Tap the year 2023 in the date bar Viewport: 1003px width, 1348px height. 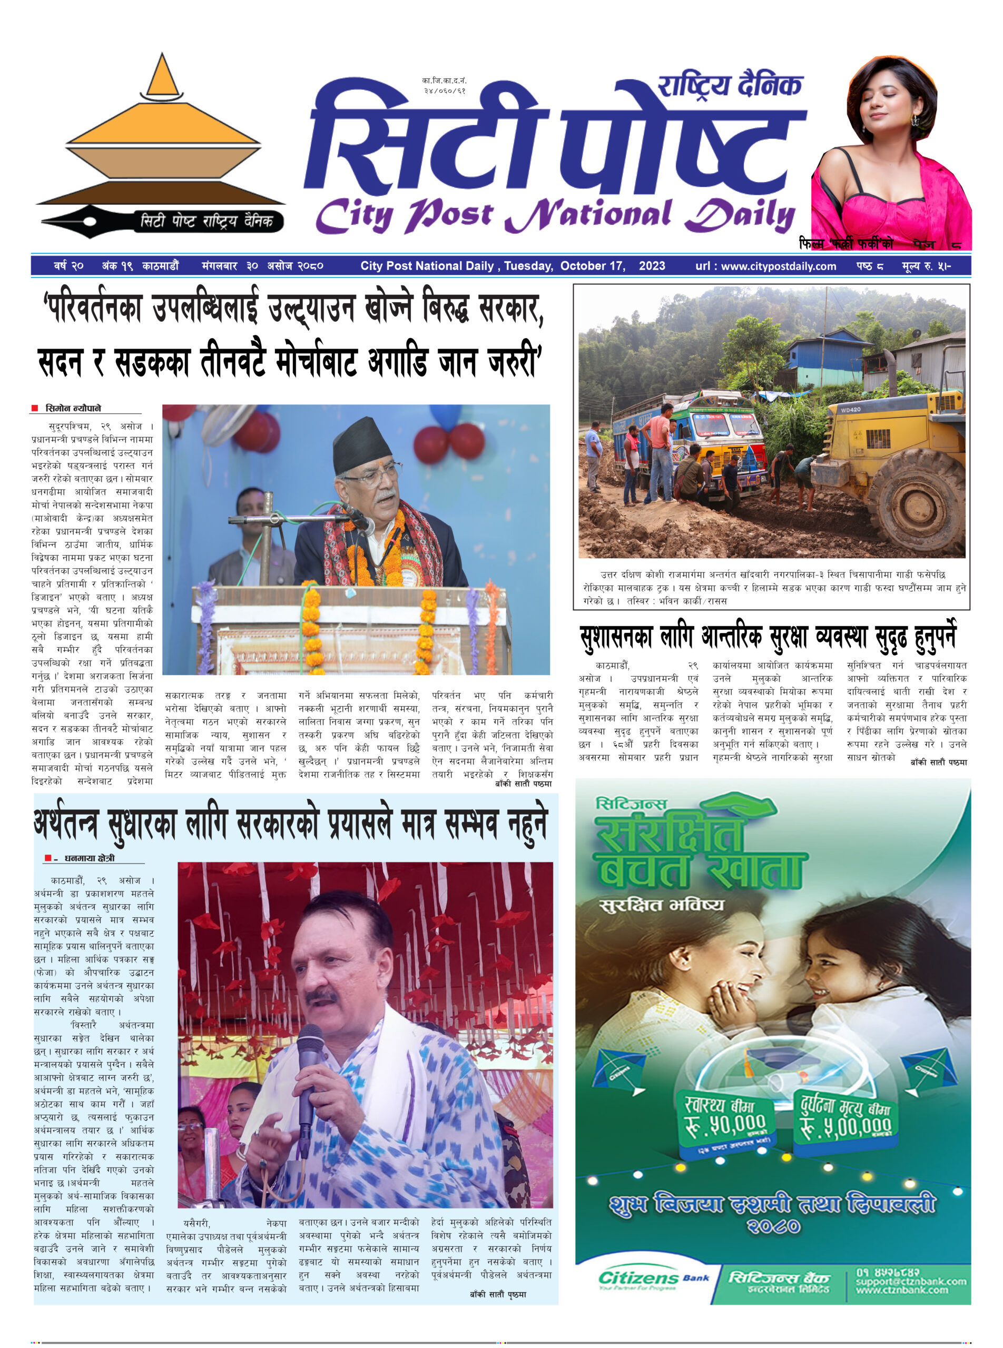pos(652,266)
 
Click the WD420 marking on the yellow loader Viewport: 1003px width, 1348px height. pos(850,409)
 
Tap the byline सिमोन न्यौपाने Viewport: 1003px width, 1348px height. pos(73,408)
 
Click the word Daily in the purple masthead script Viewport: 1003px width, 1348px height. pos(742,215)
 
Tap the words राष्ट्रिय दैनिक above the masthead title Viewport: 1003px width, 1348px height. pos(730,86)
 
